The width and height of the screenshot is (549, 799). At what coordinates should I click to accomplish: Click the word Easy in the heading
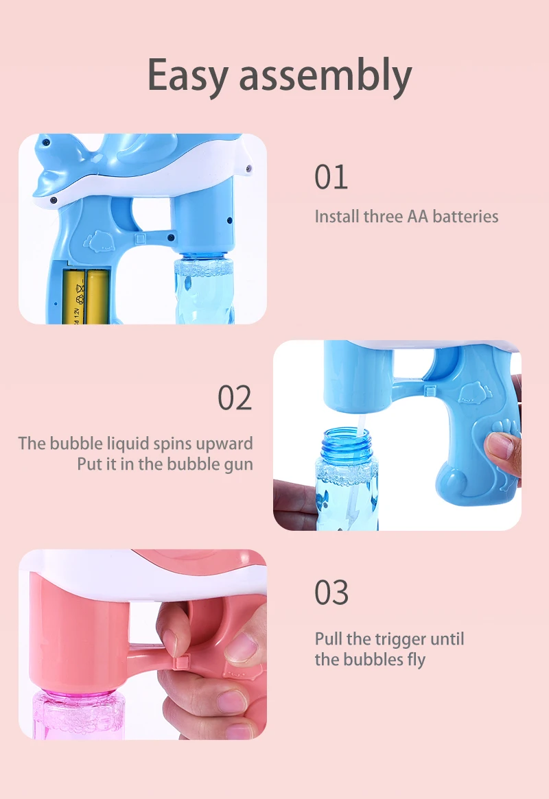click(x=188, y=76)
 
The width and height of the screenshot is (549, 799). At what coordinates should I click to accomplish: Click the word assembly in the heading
click(x=325, y=76)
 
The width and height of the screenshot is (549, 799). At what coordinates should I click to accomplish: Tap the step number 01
click(x=331, y=178)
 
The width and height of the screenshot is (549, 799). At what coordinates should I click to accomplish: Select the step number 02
click(x=235, y=398)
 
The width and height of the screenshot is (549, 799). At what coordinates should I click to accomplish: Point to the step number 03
click(x=331, y=593)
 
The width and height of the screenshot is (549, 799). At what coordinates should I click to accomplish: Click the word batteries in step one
click(x=465, y=217)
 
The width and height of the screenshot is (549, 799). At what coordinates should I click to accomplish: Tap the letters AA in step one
click(x=417, y=217)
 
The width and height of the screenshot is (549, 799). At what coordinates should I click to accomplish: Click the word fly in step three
click(x=416, y=660)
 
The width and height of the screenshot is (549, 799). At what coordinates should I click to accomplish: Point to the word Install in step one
click(x=334, y=217)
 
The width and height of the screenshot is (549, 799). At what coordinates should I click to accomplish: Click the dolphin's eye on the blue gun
click(x=45, y=144)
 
